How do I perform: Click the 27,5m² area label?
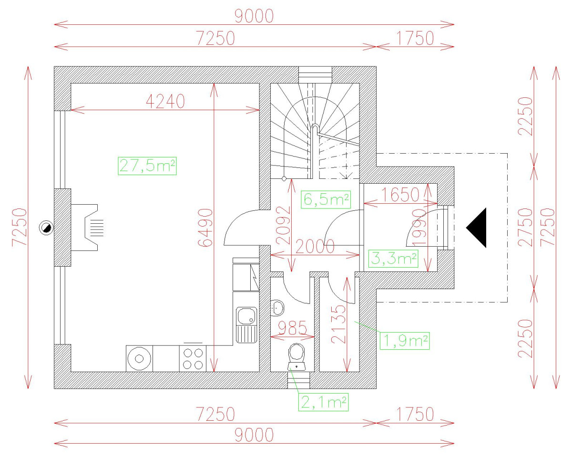(147, 166)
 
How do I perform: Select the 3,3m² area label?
(394, 260)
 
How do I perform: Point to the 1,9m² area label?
(405, 341)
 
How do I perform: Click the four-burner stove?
(193, 359)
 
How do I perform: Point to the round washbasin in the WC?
(277, 308)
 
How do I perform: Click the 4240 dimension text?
(164, 102)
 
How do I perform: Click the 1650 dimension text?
(400, 194)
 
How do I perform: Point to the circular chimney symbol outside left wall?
(46, 228)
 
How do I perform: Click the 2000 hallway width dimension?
(315, 247)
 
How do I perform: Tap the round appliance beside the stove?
(139, 359)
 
